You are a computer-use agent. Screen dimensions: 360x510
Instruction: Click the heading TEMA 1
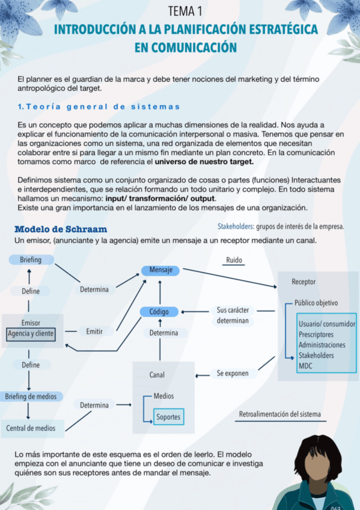[x=185, y=11]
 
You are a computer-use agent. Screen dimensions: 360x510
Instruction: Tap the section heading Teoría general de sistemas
[x=99, y=106]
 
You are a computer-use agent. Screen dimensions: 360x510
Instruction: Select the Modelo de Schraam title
[x=61, y=229]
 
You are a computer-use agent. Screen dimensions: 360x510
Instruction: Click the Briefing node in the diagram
[x=31, y=260]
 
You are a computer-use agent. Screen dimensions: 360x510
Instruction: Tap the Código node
[x=159, y=312]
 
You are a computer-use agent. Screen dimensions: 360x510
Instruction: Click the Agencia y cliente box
[x=31, y=333]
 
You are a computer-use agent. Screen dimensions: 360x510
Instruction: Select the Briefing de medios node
[x=31, y=396]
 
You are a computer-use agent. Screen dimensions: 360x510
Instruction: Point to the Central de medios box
[x=31, y=428]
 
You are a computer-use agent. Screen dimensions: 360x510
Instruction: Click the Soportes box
[x=168, y=417]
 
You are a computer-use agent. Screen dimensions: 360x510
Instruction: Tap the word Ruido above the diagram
[x=234, y=260]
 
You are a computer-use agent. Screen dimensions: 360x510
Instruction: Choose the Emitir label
[x=94, y=331]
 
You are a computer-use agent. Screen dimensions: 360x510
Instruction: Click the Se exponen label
[x=233, y=373]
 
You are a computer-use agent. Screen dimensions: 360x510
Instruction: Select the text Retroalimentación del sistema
[x=279, y=414]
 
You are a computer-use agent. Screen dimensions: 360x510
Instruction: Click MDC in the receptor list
[x=305, y=365]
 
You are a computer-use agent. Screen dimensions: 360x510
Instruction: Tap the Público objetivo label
[x=316, y=303]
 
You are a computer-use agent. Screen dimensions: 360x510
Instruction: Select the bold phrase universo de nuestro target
[x=204, y=162]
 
